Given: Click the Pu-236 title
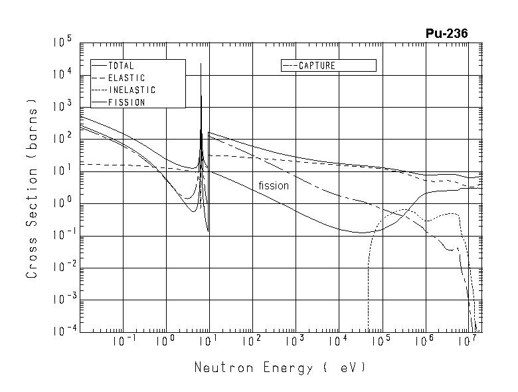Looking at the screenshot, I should [x=450, y=34].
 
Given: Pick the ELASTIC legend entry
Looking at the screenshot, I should [x=126, y=78].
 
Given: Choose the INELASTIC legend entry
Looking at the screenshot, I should [x=131, y=90].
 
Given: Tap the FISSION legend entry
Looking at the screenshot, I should [x=126, y=102].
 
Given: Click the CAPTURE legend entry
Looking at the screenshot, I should [x=317, y=66].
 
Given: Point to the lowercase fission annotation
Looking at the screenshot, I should [x=274, y=186].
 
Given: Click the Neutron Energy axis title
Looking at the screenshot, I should [x=280, y=367].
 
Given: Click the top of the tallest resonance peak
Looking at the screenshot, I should [x=201, y=64].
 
